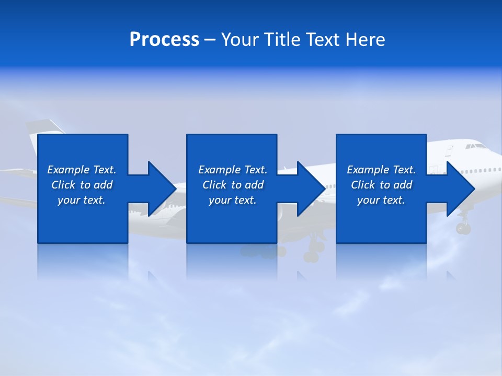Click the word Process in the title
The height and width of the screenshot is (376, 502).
point(164,40)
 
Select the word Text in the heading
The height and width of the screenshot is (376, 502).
point(323,40)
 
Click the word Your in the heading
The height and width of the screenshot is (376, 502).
point(241,40)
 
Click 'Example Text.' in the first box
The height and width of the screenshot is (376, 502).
point(82,170)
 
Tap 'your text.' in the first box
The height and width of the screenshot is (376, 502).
point(82,200)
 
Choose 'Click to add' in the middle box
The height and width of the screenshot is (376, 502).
point(233,185)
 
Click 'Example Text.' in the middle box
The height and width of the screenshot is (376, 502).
point(233,170)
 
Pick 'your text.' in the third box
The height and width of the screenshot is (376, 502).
point(381,200)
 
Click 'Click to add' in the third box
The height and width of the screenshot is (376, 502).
point(381,185)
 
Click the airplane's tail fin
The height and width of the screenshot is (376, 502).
point(44,127)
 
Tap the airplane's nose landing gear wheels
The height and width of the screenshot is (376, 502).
point(463,228)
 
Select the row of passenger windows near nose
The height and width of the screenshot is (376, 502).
point(482,171)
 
